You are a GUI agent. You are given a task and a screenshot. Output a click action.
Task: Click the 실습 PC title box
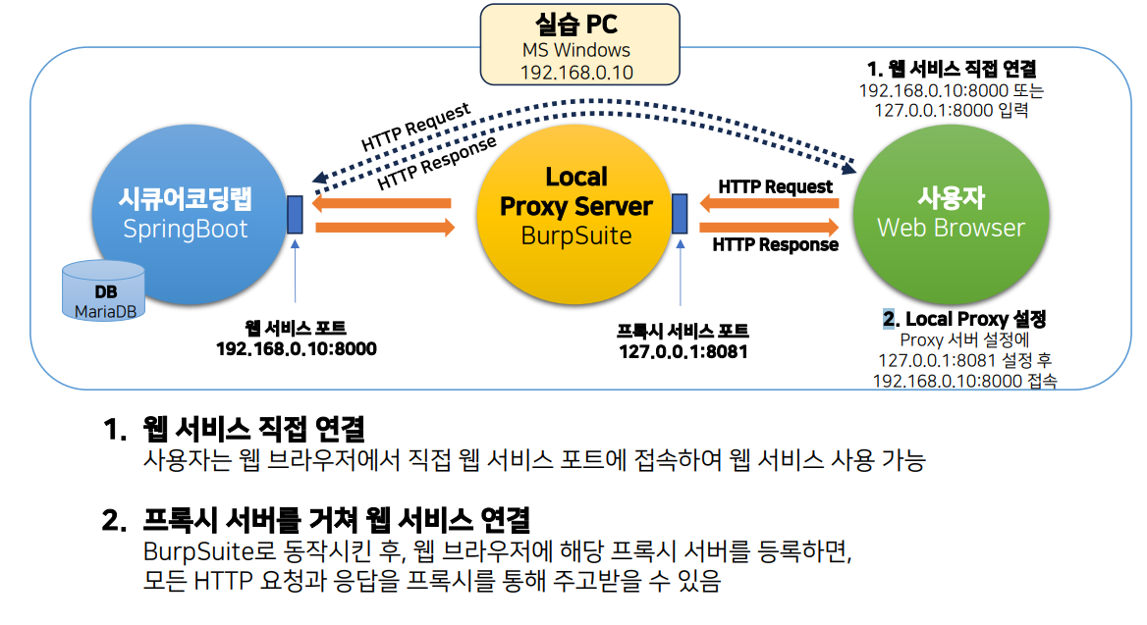[x=578, y=43]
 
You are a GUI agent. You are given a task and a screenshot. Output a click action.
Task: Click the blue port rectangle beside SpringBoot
[x=295, y=215]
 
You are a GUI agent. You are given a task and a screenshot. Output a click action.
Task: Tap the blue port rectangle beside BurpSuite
[x=680, y=215]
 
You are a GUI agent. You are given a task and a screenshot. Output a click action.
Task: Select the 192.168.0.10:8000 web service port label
[x=296, y=348]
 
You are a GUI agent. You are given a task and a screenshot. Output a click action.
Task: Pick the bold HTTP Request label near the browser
[x=775, y=186]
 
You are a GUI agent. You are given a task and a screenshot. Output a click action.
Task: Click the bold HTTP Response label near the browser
[x=775, y=244]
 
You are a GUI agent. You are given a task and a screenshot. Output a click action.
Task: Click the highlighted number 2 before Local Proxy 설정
[x=889, y=319]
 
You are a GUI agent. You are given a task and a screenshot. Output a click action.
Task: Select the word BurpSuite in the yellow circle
[x=575, y=236]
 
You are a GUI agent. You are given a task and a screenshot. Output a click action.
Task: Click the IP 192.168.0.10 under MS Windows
[x=576, y=73]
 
